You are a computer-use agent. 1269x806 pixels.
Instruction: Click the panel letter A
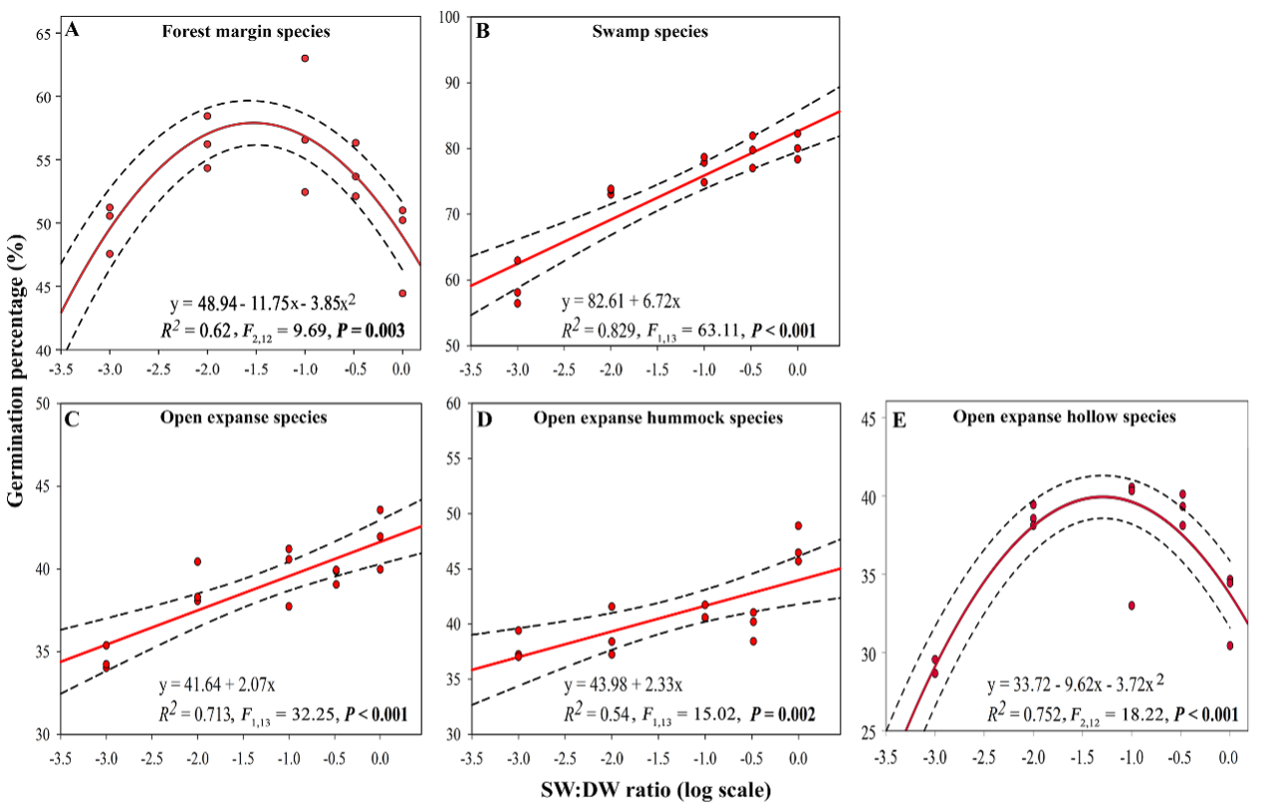pos(72,29)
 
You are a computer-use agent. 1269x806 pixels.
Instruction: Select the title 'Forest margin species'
pos(246,32)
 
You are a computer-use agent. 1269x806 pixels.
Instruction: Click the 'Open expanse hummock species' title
pos(657,417)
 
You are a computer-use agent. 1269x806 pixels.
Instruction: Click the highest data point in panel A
pos(305,59)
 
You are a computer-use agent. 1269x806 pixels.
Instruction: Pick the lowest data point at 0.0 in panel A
pos(401,293)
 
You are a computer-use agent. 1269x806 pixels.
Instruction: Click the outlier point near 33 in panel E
pos(1132,606)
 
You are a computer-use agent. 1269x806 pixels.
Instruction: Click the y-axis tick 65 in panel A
pos(46,34)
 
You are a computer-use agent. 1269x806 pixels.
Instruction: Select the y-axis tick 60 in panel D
pos(449,403)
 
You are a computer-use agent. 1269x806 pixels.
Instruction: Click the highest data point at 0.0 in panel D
pos(798,526)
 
